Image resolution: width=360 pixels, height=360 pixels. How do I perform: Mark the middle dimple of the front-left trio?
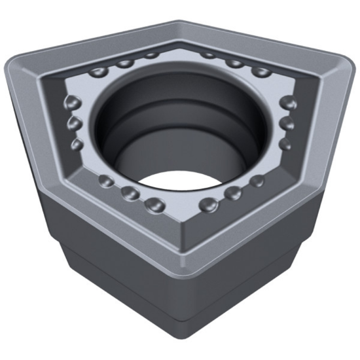pyautogui.click(x=129, y=193)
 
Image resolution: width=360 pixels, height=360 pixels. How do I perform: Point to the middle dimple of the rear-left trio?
pyautogui.click(x=125, y=63)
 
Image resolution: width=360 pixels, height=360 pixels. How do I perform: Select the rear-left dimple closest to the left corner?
pyautogui.click(x=100, y=71)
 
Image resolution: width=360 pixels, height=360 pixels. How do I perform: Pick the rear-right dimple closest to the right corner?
pyautogui.click(x=261, y=71)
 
